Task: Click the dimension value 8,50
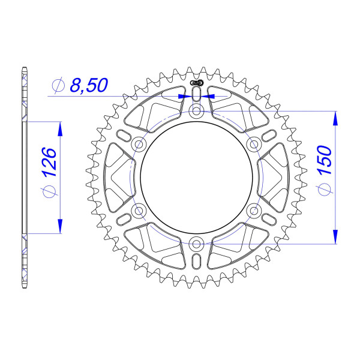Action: click(x=89, y=86)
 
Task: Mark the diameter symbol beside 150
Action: click(x=325, y=190)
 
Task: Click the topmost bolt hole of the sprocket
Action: click(x=196, y=112)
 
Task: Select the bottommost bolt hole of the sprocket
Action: click(x=196, y=243)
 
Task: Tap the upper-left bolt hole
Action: click(x=139, y=144)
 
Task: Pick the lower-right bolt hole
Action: click(x=253, y=210)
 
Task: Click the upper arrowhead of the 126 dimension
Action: click(x=59, y=128)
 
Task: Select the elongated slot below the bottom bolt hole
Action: click(x=196, y=262)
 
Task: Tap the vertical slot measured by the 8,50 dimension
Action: click(x=196, y=95)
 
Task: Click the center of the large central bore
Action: click(x=196, y=177)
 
